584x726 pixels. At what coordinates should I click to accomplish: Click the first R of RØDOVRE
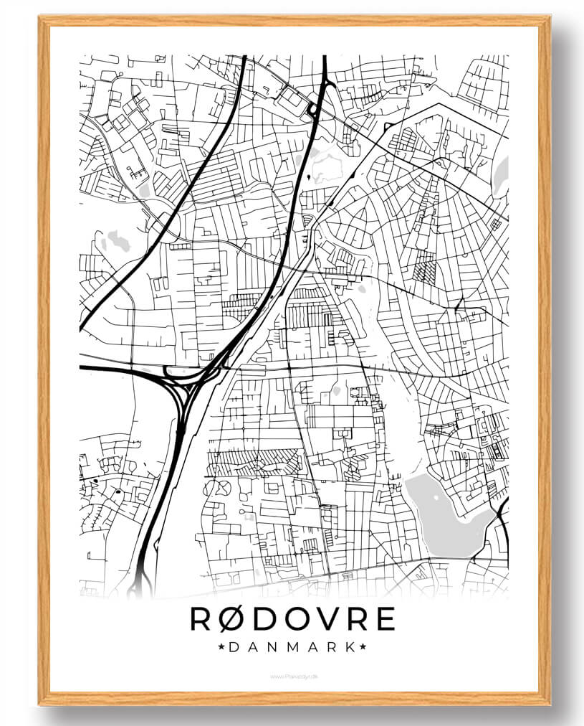point(202,619)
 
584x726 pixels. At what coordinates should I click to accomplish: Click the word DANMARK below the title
point(292,647)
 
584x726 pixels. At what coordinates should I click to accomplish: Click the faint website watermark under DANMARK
point(292,675)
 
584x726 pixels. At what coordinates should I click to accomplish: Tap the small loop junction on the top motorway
point(312,109)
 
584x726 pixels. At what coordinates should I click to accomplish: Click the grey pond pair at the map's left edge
point(115,240)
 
